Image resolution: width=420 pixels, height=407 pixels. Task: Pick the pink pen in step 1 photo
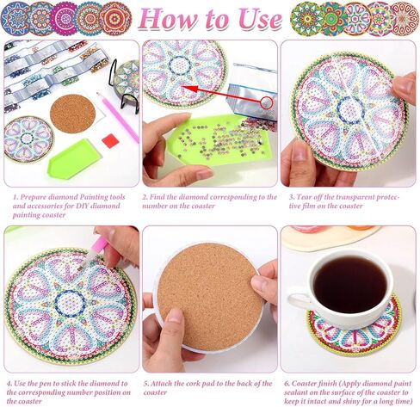(116, 114)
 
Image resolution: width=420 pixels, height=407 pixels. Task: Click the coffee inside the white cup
(349, 284)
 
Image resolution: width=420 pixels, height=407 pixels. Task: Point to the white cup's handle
(298, 299)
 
